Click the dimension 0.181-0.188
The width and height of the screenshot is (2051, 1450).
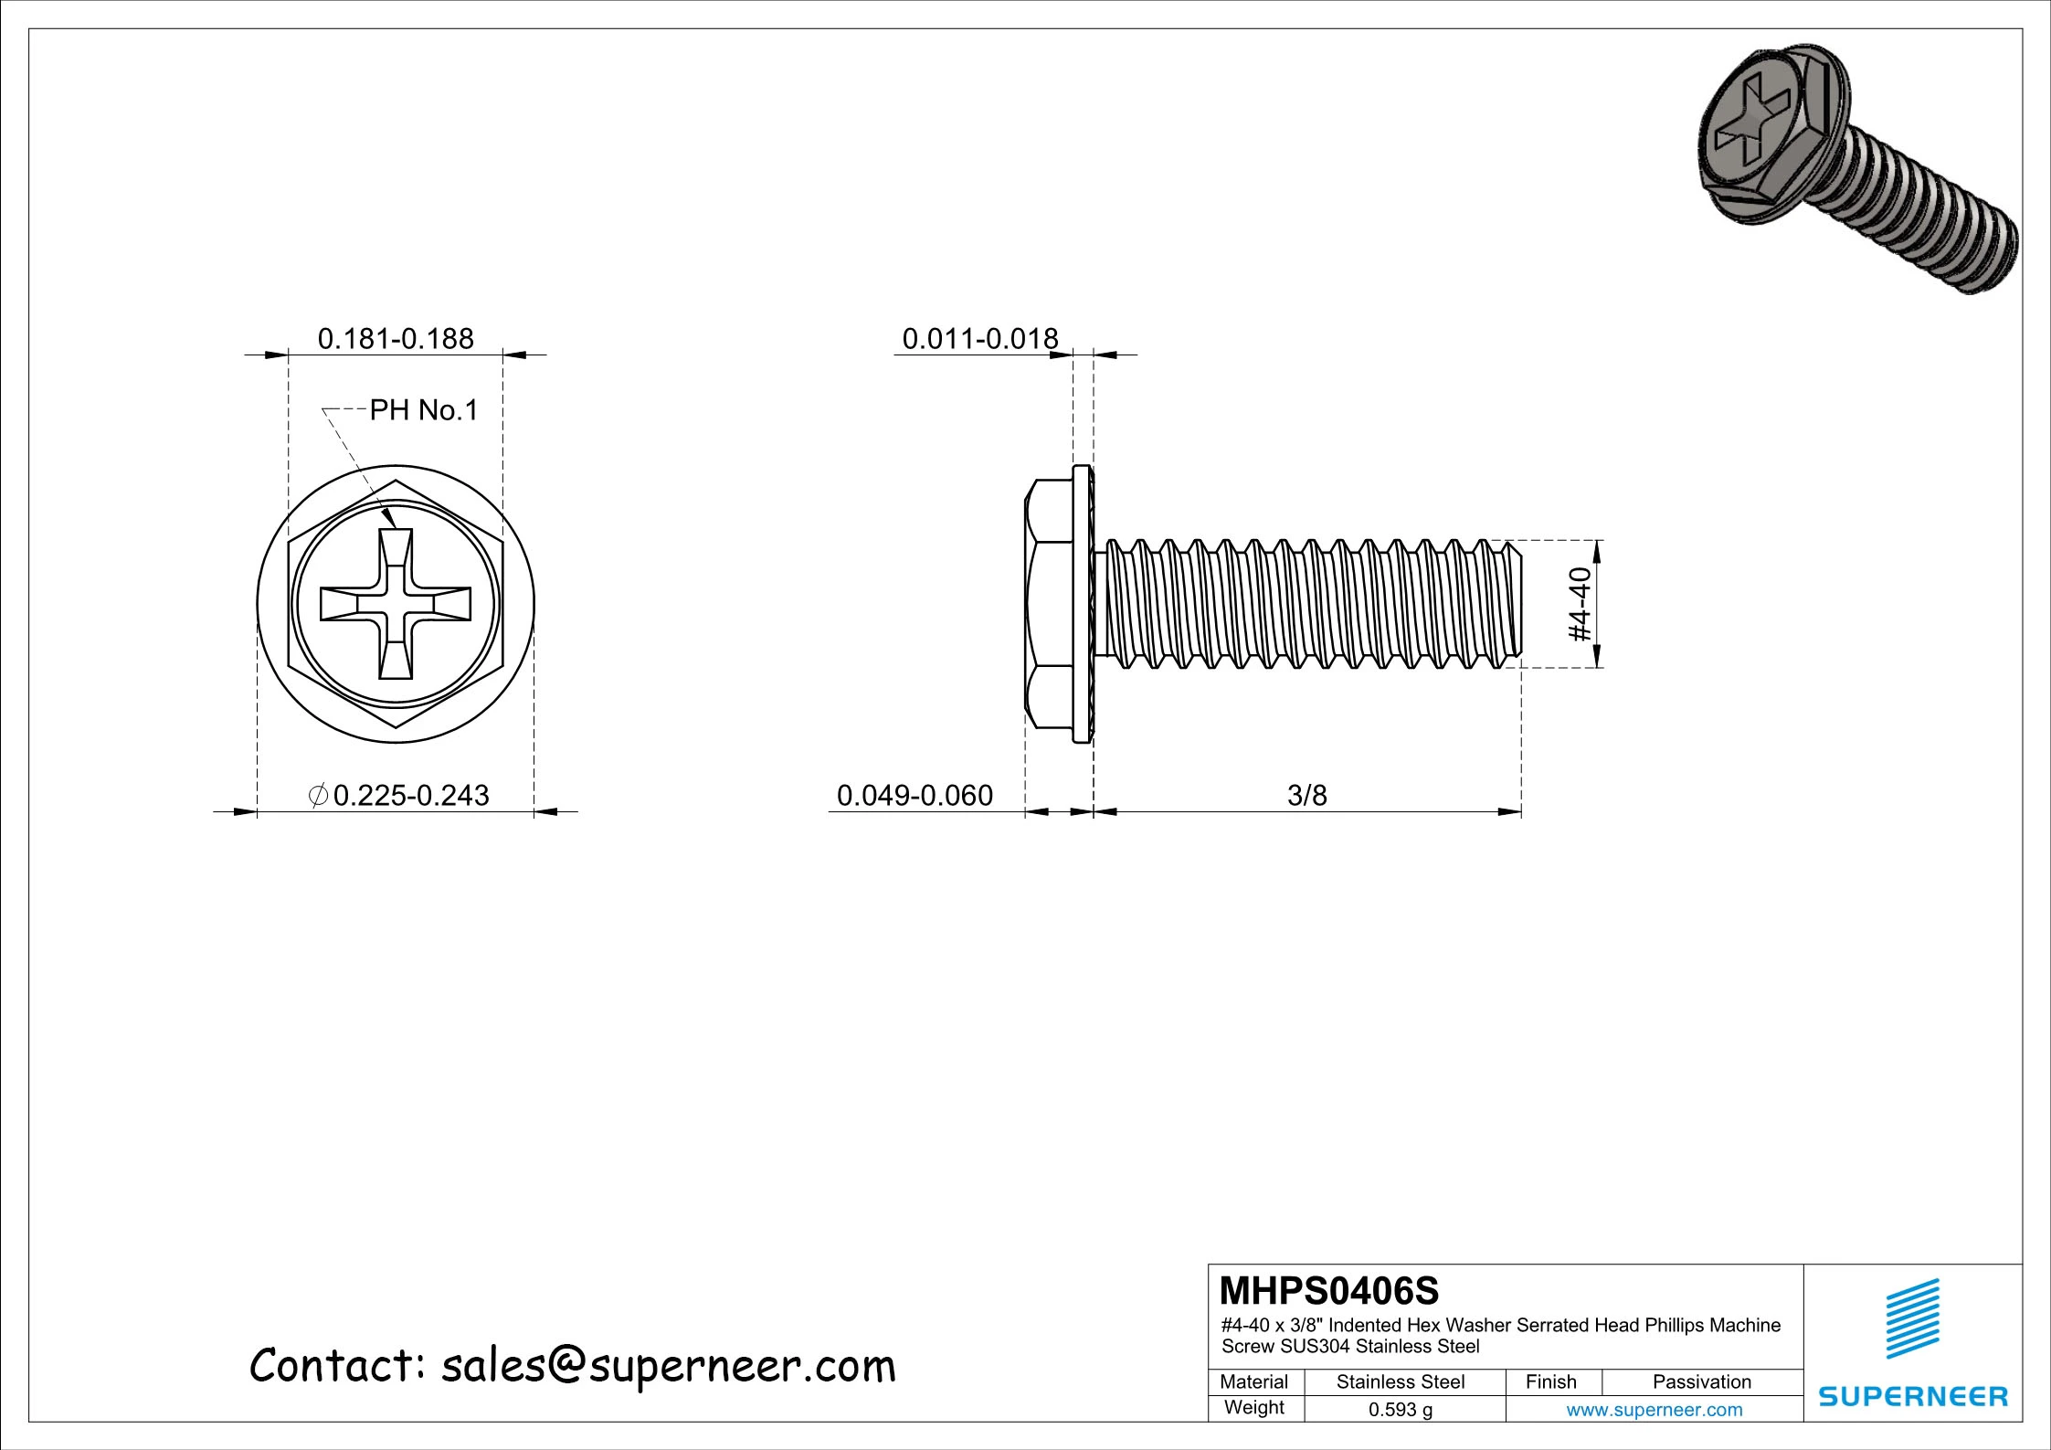pyautogui.click(x=396, y=339)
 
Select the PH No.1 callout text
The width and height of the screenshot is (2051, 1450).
pyautogui.click(x=424, y=410)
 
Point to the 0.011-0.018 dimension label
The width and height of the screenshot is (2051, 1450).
pyautogui.click(x=979, y=339)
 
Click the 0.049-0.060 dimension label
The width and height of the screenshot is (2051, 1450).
pyautogui.click(x=914, y=795)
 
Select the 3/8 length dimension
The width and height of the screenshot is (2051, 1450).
pyautogui.click(x=1306, y=795)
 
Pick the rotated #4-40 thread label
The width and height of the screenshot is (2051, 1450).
pyautogui.click(x=1580, y=605)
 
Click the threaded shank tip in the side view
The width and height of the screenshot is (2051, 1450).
pyautogui.click(x=1512, y=603)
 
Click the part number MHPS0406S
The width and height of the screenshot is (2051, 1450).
pyautogui.click(x=1329, y=1291)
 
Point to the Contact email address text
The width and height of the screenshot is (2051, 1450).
pyautogui.click(x=573, y=1366)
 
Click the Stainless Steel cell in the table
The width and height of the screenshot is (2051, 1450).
pyautogui.click(x=1401, y=1382)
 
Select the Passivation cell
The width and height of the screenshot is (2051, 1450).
pyautogui.click(x=1701, y=1382)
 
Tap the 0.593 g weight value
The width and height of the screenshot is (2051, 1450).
pyautogui.click(x=1401, y=1410)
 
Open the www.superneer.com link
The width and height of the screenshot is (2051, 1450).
pyautogui.click(x=1654, y=1410)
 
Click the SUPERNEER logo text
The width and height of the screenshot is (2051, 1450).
pyautogui.click(x=1913, y=1396)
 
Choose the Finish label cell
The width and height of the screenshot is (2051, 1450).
pyautogui.click(x=1551, y=1382)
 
